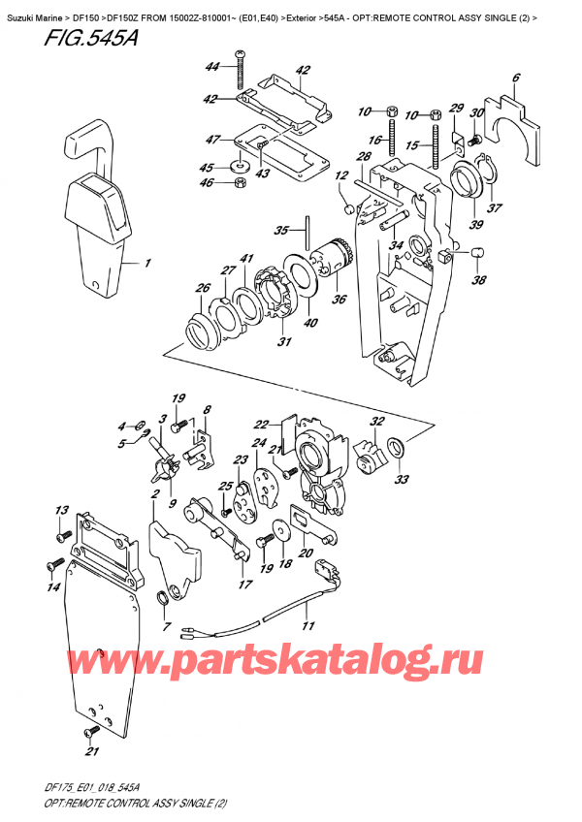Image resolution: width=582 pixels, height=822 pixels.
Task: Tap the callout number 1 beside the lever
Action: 147,263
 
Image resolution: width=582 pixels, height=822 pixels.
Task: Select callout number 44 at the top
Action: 211,66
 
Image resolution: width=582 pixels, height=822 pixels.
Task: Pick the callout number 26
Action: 202,288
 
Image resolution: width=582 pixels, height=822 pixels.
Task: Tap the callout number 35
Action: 282,230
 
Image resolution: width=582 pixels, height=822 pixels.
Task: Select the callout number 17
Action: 245,584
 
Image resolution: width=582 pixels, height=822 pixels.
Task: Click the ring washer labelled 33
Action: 397,447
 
